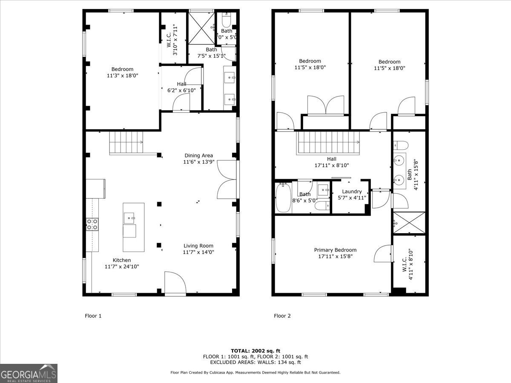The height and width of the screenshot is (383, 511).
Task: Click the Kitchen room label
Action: pos(122,260)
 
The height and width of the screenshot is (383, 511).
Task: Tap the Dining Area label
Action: pos(198,155)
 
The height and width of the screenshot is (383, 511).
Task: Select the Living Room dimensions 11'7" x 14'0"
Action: pos(199,252)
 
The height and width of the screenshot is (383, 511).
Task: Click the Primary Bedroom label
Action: pos(335,250)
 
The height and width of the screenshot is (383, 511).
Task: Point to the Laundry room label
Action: pos(352,191)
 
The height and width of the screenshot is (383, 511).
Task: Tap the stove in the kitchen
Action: pos(92,224)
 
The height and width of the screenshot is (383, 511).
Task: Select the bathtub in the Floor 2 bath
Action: pos(283,198)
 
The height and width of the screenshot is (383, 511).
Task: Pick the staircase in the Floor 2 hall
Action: pos(328,143)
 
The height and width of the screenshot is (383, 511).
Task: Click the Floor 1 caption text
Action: pos(93,316)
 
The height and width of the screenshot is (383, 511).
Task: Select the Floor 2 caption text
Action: pos(282,316)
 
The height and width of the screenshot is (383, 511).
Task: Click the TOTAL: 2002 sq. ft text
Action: pos(255,351)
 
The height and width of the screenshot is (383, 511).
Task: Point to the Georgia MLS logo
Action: pos(29,373)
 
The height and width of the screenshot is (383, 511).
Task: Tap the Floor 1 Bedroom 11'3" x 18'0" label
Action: pos(122,72)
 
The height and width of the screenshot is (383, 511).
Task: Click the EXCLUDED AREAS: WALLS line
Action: pos(255,363)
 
